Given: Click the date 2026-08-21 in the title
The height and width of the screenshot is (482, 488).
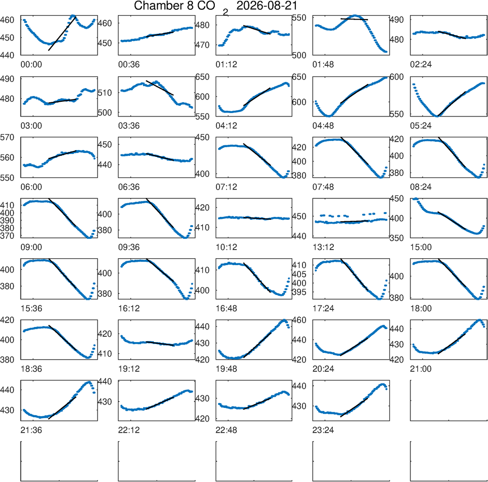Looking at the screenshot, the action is tap(267, 5).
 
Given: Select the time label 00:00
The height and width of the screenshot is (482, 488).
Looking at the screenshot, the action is tap(31, 65).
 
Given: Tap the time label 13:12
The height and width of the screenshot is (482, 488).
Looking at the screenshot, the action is tap(323, 247).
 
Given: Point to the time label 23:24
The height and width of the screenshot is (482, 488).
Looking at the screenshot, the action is tap(323, 430).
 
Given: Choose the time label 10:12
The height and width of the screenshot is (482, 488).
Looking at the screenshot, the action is tap(226, 247).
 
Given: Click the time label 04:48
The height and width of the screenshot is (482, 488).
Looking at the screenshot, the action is tap(323, 126).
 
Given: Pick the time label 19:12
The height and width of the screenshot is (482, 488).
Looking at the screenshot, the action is tap(129, 369).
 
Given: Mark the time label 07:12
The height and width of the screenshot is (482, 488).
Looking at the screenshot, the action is tap(226, 187).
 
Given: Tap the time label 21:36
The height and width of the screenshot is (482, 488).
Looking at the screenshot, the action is tap(31, 430).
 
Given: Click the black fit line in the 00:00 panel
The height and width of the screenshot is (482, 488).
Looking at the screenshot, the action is tap(62, 34).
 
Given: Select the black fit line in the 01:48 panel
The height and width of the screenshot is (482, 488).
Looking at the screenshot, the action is tap(354, 19).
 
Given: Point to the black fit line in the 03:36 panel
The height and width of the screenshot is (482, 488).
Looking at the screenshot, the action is tap(160, 88).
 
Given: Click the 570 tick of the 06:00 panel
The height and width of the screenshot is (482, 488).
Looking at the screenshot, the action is tap(7, 137).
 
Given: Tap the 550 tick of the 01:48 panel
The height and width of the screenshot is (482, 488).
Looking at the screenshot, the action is tap(299, 18).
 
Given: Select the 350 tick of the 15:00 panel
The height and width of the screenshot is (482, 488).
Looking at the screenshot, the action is tap(397, 238).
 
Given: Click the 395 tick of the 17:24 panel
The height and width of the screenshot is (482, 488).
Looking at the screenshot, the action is tap(299, 292).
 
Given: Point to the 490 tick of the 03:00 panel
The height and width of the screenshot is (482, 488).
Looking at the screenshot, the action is tap(7, 79).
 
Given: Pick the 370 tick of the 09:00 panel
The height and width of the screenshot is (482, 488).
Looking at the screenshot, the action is tap(7, 236).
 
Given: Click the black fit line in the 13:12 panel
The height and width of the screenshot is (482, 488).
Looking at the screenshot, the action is tap(354, 221).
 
